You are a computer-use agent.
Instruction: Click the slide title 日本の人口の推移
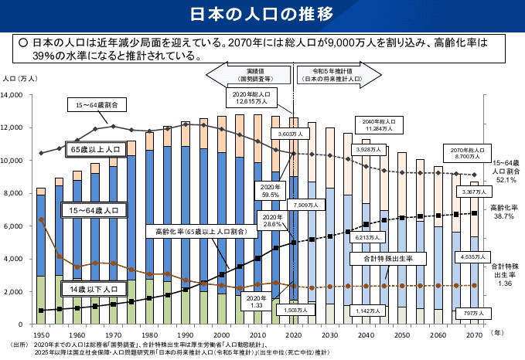[262, 15]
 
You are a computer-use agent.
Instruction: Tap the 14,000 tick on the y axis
[17, 95]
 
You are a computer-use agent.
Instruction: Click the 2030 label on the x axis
[330, 335]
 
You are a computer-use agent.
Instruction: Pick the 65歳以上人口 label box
[95, 148]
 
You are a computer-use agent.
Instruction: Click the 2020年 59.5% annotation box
[270, 191]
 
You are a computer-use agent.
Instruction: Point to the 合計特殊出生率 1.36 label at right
[504, 274]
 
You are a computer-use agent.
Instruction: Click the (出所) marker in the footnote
[18, 343]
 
